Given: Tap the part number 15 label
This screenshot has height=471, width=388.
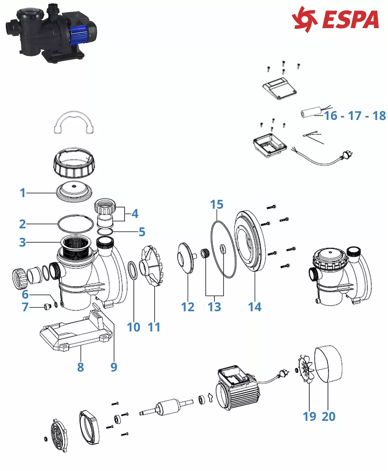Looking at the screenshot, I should (217, 205).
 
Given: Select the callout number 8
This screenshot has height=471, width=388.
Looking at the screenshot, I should (80, 367).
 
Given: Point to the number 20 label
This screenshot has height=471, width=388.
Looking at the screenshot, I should (329, 417).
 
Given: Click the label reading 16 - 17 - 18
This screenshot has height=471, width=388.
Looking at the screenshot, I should (355, 116).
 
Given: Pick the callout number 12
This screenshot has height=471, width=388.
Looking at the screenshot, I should (188, 307).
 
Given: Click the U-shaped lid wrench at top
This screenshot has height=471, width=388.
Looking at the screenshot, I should (74, 122).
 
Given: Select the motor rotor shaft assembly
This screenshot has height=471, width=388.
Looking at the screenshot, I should (166, 407).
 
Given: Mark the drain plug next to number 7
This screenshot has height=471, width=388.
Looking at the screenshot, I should (47, 306).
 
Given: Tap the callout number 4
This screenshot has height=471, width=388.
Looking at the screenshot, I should (135, 213).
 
